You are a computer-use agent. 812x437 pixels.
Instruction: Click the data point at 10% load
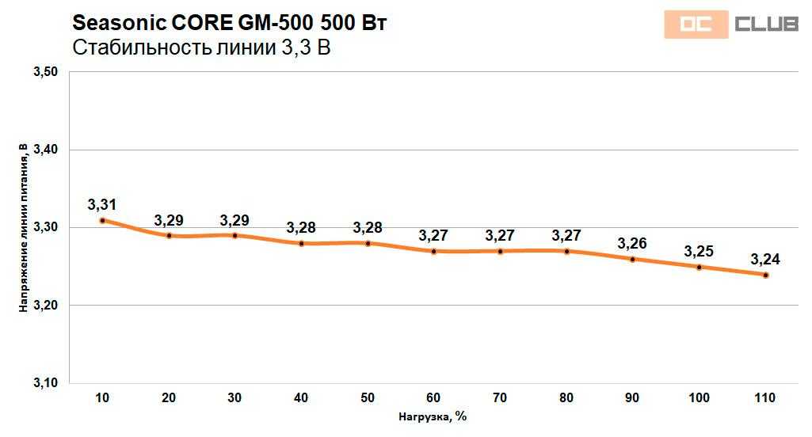pos(102,220)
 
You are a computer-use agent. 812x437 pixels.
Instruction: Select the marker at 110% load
pos(765,275)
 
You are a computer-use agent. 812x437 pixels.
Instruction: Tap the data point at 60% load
pos(434,252)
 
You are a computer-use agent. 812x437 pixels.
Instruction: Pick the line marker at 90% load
pos(632,260)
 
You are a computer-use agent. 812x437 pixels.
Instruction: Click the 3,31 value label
pos(102,205)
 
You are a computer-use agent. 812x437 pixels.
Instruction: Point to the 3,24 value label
pos(765,259)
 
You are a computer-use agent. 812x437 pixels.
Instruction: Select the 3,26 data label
pos(632,243)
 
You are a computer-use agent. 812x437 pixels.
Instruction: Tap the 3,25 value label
pos(699,252)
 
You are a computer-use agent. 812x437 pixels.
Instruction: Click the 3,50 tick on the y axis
pos(46,72)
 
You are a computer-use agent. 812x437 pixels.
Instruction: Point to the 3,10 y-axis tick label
pos(46,383)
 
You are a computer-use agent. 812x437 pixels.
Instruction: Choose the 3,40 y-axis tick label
pos(46,150)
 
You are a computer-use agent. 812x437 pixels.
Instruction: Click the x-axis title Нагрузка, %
pos(433,417)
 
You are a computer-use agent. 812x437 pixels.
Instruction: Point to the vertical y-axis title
pos(24,228)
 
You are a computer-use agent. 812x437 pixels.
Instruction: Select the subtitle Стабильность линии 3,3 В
pos(200,48)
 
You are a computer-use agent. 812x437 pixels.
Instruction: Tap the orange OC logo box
pos(695,25)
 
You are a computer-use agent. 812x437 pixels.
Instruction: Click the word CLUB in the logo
pos(765,25)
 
